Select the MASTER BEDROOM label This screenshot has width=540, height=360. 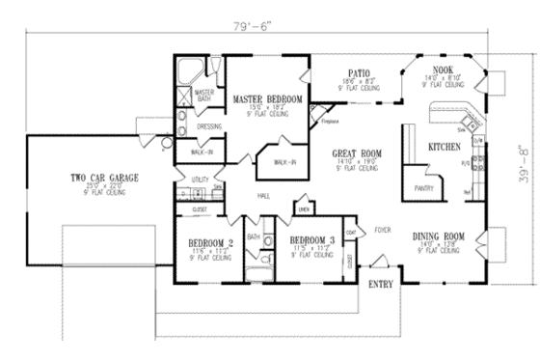(267, 99)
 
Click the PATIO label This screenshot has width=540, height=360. (357, 71)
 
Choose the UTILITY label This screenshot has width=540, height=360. (201, 180)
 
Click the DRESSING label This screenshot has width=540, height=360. (209, 126)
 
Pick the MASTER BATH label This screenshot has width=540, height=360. (203, 95)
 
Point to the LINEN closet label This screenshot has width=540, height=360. (303, 208)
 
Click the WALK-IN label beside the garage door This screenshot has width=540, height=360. (203, 152)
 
